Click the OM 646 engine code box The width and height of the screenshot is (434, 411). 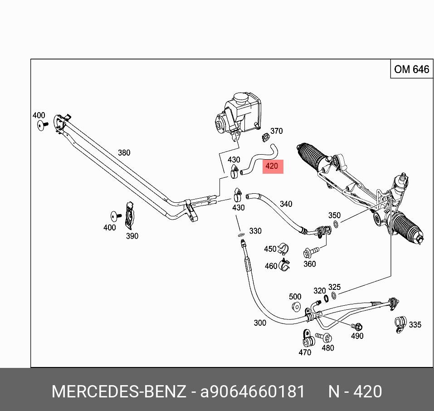[411, 69]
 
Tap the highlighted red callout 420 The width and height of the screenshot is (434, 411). [272, 166]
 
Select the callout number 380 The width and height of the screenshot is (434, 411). [124, 153]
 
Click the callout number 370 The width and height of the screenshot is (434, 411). [276, 131]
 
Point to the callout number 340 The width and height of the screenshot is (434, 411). [286, 204]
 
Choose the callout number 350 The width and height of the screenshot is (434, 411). [334, 215]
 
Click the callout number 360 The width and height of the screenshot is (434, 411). [309, 264]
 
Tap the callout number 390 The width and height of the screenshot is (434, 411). [132, 236]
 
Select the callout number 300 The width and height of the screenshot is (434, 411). [260, 323]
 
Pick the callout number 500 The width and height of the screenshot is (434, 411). [295, 297]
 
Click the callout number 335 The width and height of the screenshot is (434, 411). [415, 324]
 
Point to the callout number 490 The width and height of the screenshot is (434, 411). [357, 336]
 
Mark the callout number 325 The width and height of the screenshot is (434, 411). [334, 287]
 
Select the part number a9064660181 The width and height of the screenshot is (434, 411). [253, 391]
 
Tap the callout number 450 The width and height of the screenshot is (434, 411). [270, 249]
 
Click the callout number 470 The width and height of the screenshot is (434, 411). [305, 352]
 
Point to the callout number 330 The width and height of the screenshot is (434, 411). [255, 231]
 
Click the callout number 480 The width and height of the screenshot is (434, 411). [327, 348]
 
